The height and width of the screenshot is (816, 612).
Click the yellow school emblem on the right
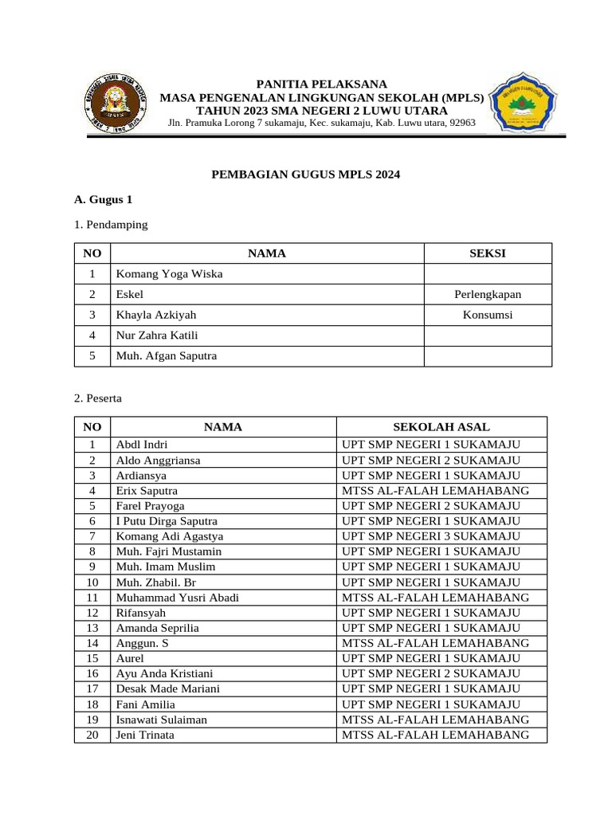point(527,104)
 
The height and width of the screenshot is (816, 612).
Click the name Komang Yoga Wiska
point(169,274)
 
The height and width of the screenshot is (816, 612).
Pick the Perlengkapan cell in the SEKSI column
point(488,295)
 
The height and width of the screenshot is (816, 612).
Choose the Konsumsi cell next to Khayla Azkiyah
point(488,316)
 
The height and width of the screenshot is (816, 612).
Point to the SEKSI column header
point(488,253)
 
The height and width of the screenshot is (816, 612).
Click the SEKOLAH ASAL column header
point(441,427)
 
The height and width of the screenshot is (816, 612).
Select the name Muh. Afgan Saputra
point(166,356)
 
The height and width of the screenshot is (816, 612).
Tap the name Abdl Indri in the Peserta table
point(142,445)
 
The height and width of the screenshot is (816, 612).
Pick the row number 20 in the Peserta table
point(92,735)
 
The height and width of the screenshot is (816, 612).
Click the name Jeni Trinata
point(145,735)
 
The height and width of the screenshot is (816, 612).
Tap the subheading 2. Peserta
point(98,397)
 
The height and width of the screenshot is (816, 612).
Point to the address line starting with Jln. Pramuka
point(321,123)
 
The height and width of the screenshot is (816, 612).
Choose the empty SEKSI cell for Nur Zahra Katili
point(488,335)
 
